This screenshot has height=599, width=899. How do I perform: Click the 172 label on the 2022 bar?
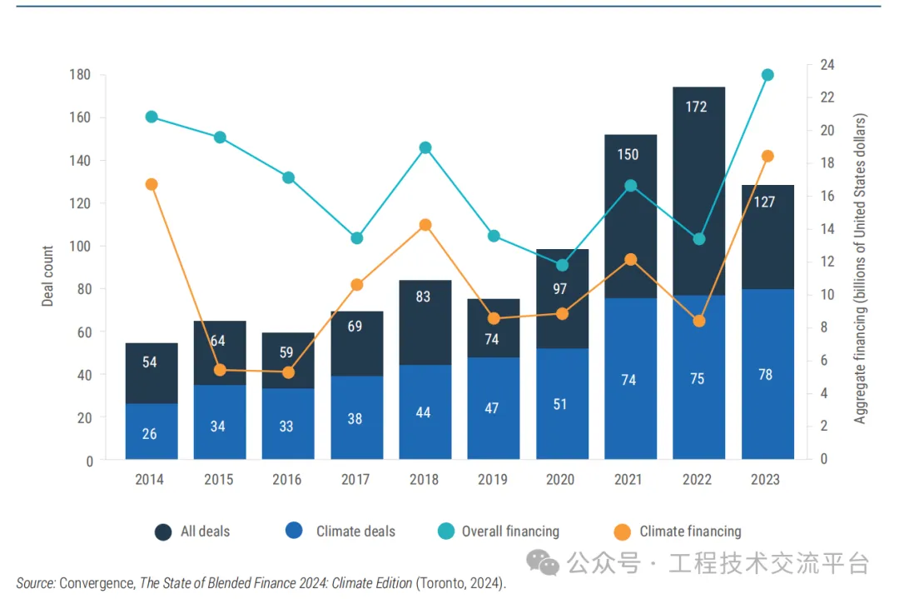698,107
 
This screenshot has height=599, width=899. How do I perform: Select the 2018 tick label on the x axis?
423,480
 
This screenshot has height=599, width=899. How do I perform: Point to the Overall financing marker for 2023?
767,75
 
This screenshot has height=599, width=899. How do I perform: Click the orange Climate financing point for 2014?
151,184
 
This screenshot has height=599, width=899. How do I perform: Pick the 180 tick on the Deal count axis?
80,75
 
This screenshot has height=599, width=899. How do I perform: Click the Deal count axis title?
47,276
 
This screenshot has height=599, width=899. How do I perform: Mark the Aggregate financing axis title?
860,269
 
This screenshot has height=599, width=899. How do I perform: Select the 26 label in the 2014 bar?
150,433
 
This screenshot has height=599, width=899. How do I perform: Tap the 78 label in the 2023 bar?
766,375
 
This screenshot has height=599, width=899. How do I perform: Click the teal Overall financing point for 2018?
425,147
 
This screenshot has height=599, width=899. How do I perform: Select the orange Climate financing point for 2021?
630,260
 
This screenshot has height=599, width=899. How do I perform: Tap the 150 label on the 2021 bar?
628,154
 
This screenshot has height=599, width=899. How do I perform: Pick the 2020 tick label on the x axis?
560,480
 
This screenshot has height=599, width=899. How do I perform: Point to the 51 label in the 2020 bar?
560,404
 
